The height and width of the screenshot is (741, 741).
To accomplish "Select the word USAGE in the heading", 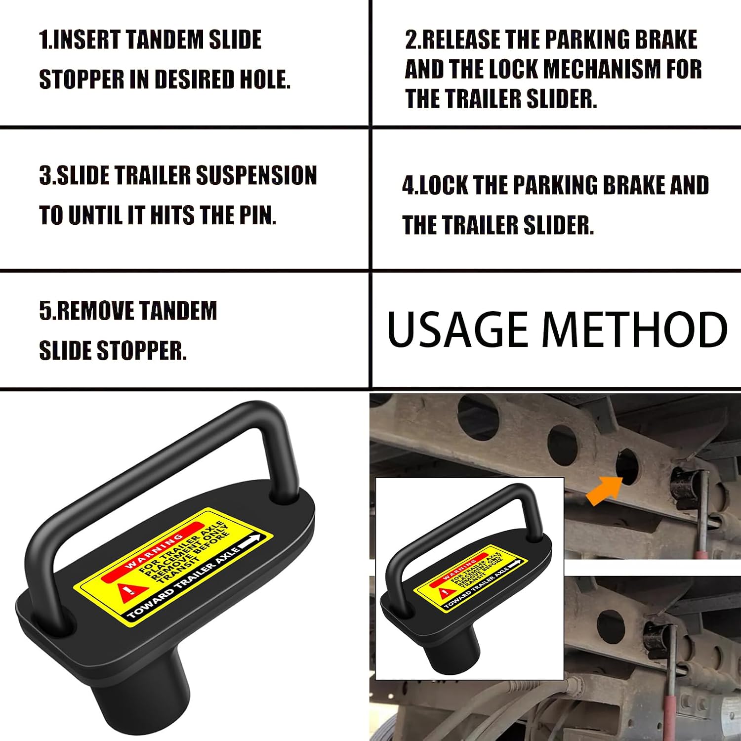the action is (457, 329).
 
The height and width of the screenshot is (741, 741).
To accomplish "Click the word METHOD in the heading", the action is (634, 329).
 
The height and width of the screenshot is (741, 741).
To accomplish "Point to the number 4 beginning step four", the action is (409, 185).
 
